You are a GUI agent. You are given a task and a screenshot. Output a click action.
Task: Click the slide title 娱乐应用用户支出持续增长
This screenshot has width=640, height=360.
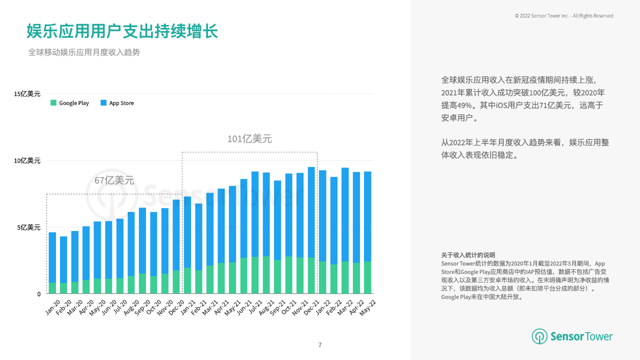(x=122, y=31)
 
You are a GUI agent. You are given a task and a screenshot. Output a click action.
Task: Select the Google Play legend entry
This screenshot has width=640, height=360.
(x=70, y=103)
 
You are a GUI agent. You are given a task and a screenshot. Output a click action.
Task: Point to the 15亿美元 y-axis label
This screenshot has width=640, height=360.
(x=27, y=93)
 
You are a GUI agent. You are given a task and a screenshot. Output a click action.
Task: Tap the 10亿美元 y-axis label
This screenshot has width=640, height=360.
(x=27, y=160)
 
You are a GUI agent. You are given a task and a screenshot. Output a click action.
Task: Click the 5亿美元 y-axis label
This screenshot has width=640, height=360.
(x=29, y=227)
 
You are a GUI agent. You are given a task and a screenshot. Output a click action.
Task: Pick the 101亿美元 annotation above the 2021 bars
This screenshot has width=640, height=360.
(x=249, y=139)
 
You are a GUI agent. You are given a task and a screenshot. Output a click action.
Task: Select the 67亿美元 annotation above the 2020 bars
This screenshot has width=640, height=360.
(x=114, y=180)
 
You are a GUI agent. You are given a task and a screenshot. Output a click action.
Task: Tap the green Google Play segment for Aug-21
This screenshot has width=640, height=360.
(x=266, y=275)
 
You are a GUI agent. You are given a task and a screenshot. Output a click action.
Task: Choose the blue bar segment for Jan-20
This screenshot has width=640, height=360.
(x=52, y=257)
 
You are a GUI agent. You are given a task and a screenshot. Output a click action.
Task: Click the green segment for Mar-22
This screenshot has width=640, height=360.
(x=345, y=277)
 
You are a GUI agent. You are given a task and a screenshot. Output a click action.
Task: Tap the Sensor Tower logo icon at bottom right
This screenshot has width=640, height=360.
(x=539, y=336)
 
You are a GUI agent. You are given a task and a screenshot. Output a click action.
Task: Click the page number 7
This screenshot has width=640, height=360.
(x=320, y=345)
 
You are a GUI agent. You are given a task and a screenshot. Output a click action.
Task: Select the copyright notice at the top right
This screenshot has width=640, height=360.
(x=564, y=16)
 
